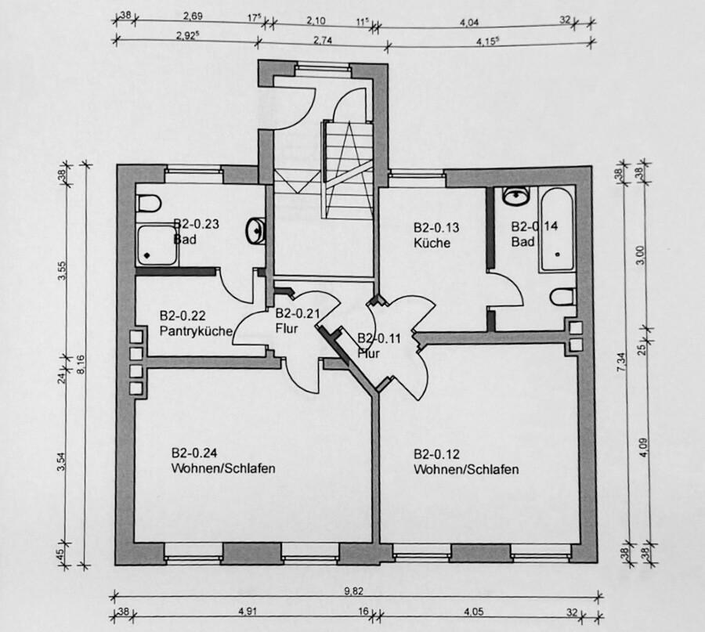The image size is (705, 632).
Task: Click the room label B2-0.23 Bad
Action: [x=195, y=230]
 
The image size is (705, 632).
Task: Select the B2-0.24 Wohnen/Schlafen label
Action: [x=222, y=461]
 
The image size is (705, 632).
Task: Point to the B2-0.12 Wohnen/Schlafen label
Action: [x=465, y=461]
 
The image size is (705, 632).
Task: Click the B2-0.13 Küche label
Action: [x=436, y=235]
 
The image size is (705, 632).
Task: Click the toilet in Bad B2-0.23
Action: [x=146, y=203]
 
